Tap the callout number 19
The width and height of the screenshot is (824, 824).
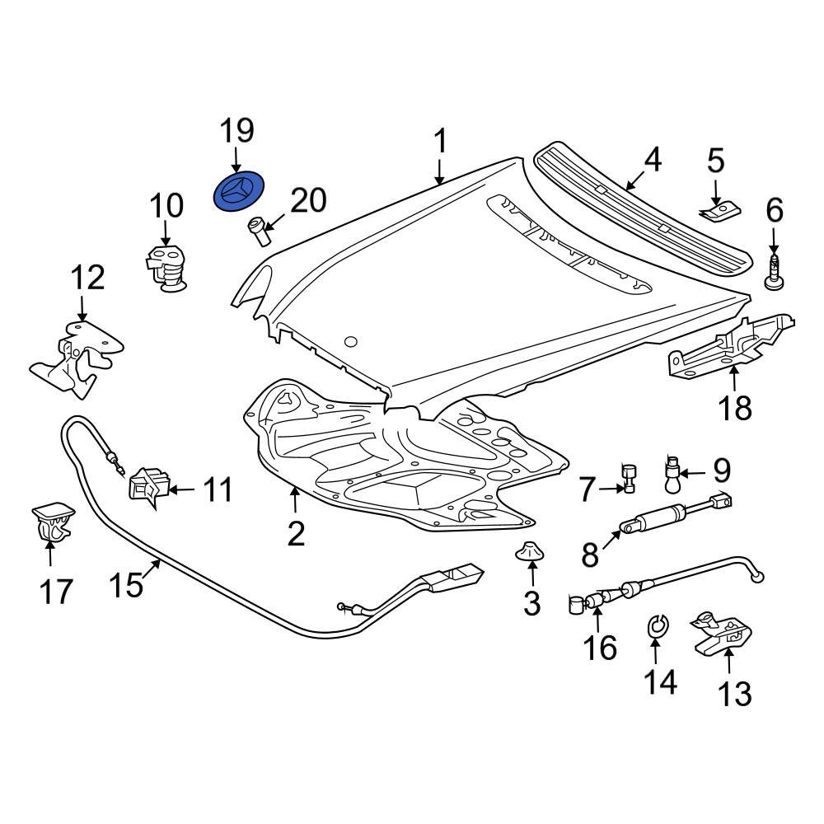(x=236, y=131)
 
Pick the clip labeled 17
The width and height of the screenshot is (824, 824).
(x=49, y=525)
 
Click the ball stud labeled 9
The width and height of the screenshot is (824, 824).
(x=673, y=472)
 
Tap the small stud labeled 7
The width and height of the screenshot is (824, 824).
(x=630, y=479)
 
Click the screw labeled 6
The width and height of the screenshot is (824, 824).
(x=775, y=272)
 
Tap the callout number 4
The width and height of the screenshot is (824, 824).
(x=652, y=159)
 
